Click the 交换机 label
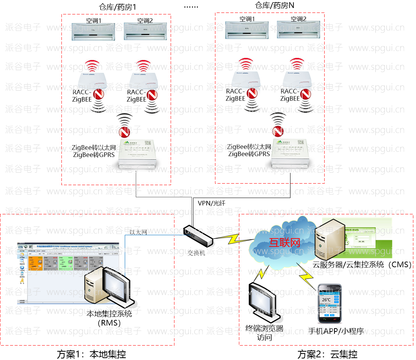pyautogui.click(x=196, y=253)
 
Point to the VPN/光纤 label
pyautogui.click(x=212, y=203)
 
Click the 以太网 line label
pyautogui.click(x=138, y=232)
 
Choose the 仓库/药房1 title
pyautogui.click(x=117, y=7)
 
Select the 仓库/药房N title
pyautogui.click(x=275, y=5)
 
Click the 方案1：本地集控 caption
pyautogui.click(x=91, y=354)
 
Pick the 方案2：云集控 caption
pyautogui.click(x=327, y=354)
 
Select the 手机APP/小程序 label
pyautogui.click(x=336, y=331)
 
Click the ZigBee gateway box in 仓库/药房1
pyautogui.click(x=141, y=153)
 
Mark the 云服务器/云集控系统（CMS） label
pyautogui.click(x=362, y=264)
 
